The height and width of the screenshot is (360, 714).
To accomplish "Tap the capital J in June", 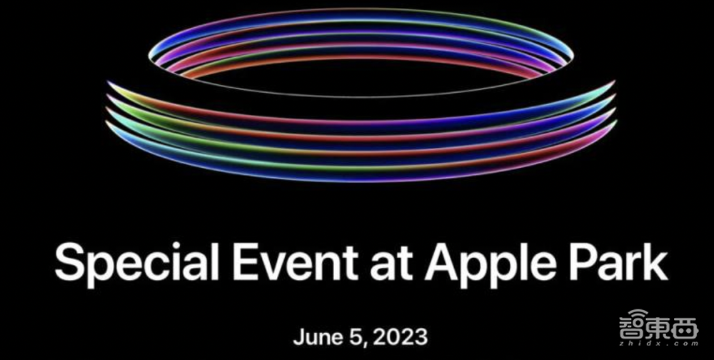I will point(298,335).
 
